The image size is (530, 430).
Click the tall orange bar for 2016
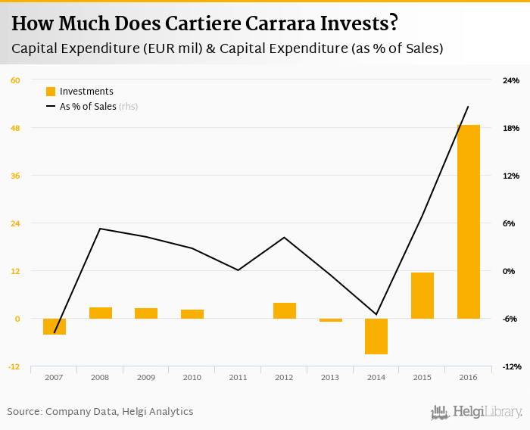click(468, 222)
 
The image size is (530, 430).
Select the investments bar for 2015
click(422, 295)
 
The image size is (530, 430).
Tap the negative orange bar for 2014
click(376, 336)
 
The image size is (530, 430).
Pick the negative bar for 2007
click(55, 326)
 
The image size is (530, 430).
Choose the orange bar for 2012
click(284, 310)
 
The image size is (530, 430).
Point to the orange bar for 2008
click(101, 313)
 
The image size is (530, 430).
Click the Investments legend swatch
click(51, 92)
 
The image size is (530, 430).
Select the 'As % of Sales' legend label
click(88, 107)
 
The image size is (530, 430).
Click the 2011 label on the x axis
click(238, 377)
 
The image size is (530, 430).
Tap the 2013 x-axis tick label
click(330, 377)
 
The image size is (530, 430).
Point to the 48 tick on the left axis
click(15, 128)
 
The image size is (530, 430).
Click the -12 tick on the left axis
click(14, 366)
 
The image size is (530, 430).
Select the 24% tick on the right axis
click(511, 80)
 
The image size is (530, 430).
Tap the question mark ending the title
click(393, 23)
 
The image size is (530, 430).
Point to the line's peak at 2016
click(468, 107)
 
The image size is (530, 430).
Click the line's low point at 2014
click(376, 314)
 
